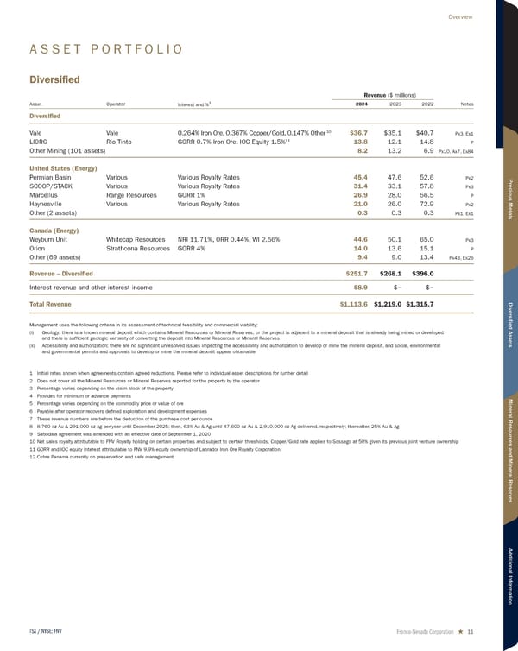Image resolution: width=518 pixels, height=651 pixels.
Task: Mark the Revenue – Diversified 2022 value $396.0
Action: [x=420, y=274]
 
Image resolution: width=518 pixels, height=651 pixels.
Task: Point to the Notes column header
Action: [x=466, y=104]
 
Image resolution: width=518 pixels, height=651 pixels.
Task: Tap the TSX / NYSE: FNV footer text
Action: [x=47, y=629]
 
